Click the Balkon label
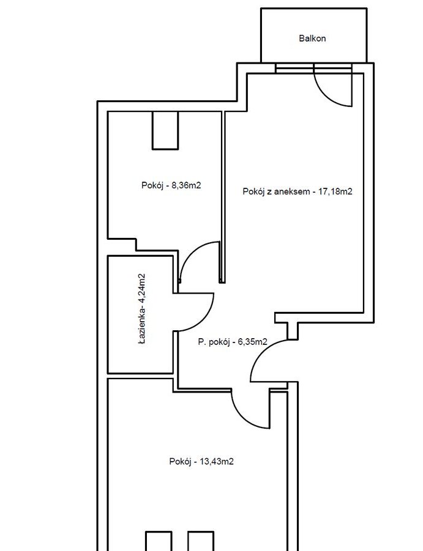[x=312, y=39]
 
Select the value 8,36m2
[x=186, y=185]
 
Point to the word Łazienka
[x=141, y=324]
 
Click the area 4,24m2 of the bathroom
[x=141, y=288]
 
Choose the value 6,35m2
[x=252, y=342]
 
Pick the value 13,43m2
[x=217, y=461]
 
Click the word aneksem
[x=291, y=191]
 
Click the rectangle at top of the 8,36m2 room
[x=165, y=130]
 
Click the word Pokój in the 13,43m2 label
[x=180, y=461]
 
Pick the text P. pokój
[x=214, y=342]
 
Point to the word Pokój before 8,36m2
[x=152, y=185]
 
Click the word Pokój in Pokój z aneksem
[x=253, y=191]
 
